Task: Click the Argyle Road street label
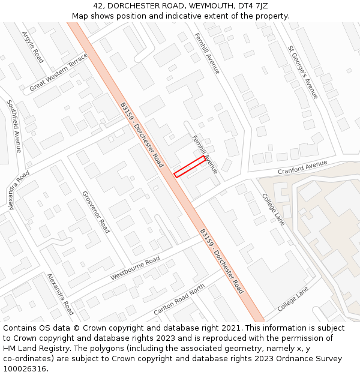point(32,47)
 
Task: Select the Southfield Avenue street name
point(14,126)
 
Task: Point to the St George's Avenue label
point(303,72)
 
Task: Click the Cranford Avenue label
point(302,168)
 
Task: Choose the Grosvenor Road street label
point(96,212)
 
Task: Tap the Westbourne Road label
point(135,268)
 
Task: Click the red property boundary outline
point(190,166)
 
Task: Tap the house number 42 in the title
point(98,5)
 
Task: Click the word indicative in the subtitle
point(178,16)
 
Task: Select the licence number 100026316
point(25,369)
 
